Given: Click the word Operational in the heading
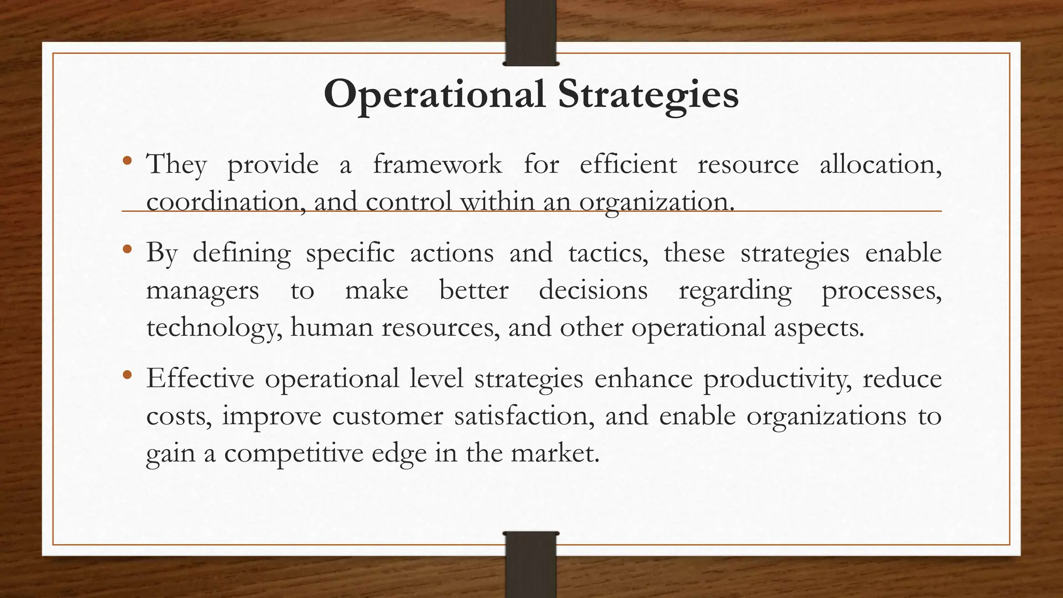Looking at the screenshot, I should [x=434, y=94].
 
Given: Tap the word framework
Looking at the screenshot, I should [x=437, y=165].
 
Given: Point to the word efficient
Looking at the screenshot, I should [x=628, y=165].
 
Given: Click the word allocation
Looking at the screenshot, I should [x=880, y=165].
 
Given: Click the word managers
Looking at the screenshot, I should [x=202, y=290].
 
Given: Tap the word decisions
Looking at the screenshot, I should [x=593, y=290].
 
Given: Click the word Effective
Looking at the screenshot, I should [x=200, y=378].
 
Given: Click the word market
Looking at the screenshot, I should [x=555, y=453].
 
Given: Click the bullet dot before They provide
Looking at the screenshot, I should [x=128, y=161].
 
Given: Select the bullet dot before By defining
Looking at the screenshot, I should [x=128, y=250].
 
